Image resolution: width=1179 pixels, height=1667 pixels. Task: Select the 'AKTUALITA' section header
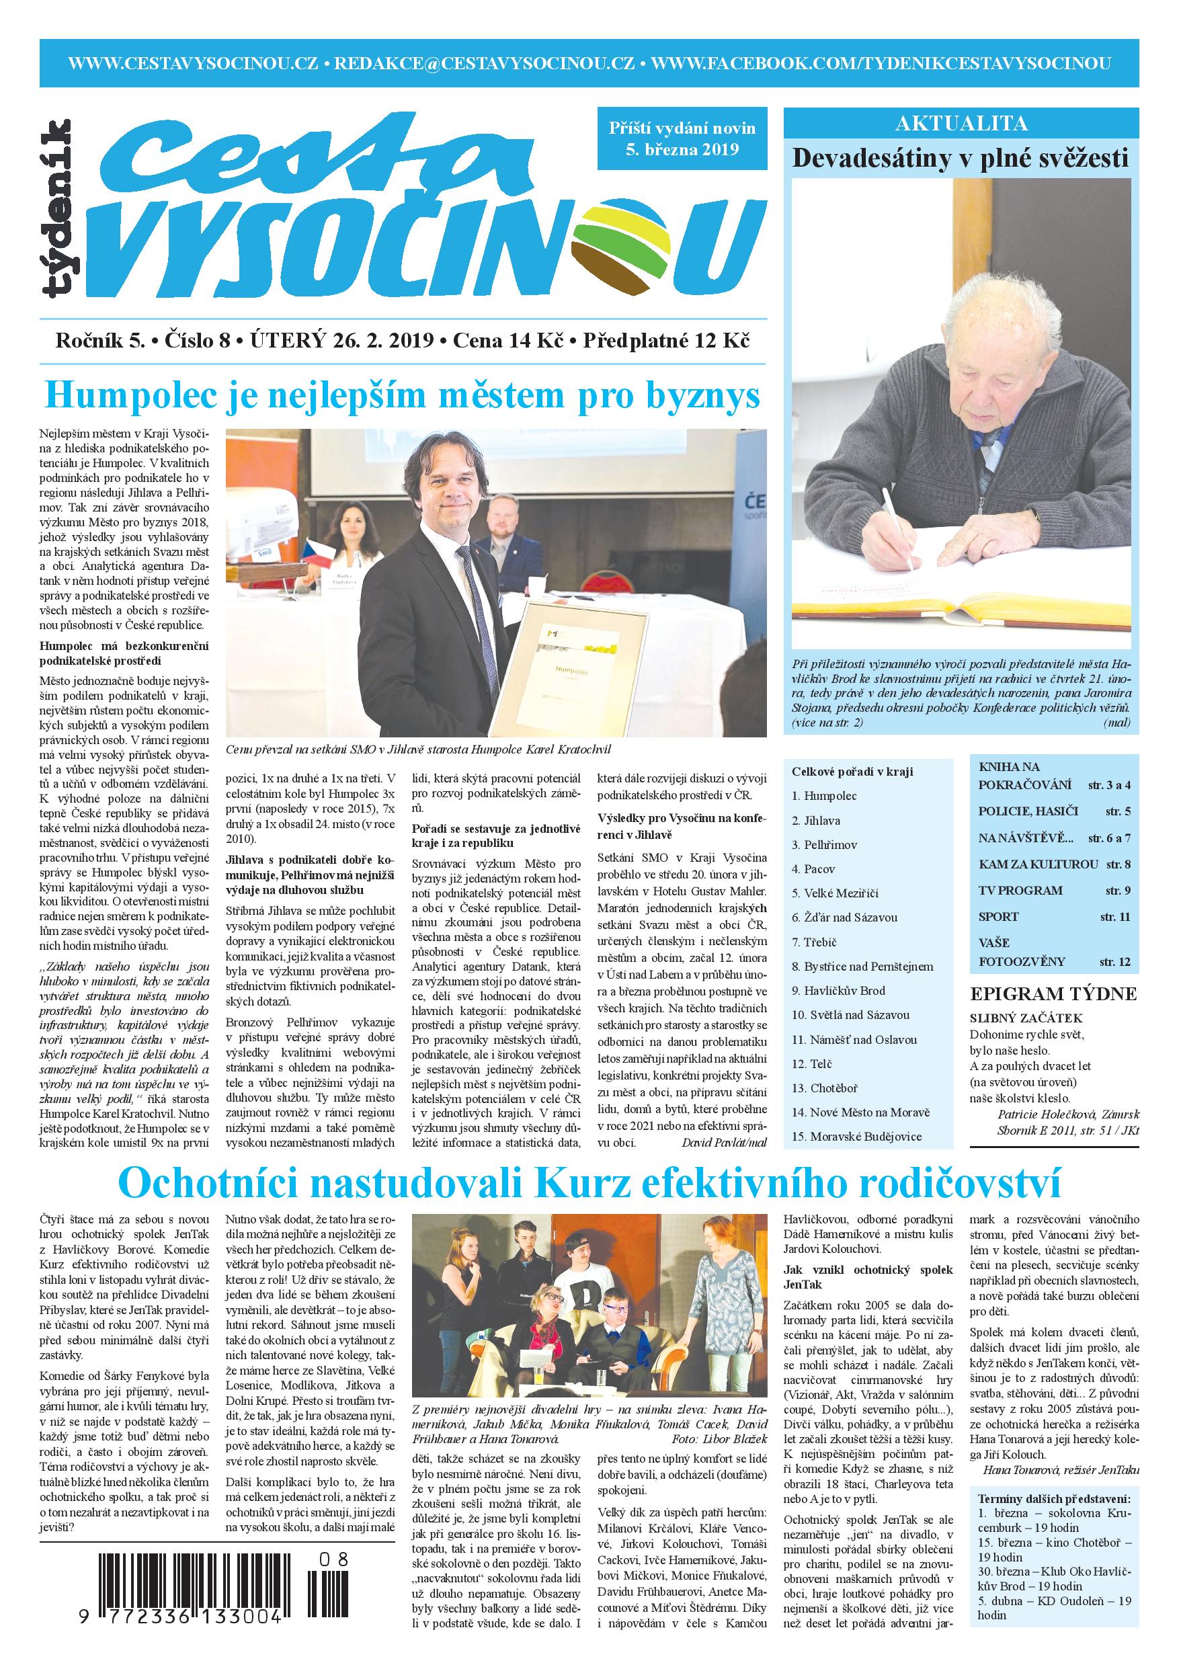tap(961, 124)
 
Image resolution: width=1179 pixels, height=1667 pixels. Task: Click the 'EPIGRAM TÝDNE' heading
tap(1053, 994)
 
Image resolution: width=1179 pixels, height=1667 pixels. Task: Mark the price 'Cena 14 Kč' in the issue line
tap(507, 341)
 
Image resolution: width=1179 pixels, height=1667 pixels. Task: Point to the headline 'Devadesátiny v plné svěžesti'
tap(961, 158)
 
